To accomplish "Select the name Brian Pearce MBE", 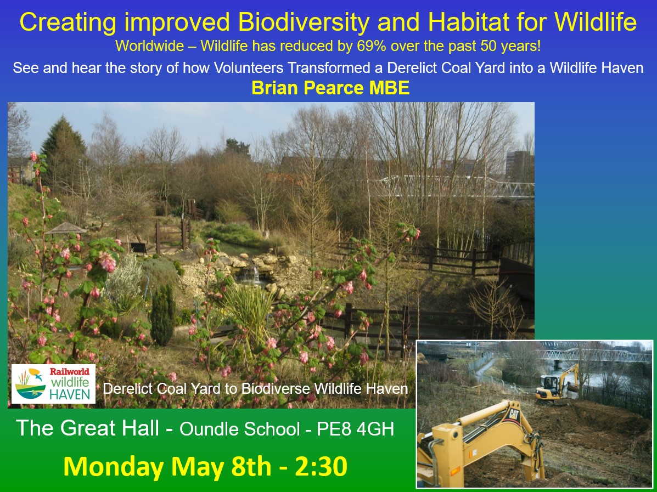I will [330, 88].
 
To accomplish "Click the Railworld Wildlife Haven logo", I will [53, 383].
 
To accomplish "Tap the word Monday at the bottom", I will [114, 466].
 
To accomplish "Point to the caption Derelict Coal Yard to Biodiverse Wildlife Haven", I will [255, 389].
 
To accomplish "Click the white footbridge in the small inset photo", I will [593, 355].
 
